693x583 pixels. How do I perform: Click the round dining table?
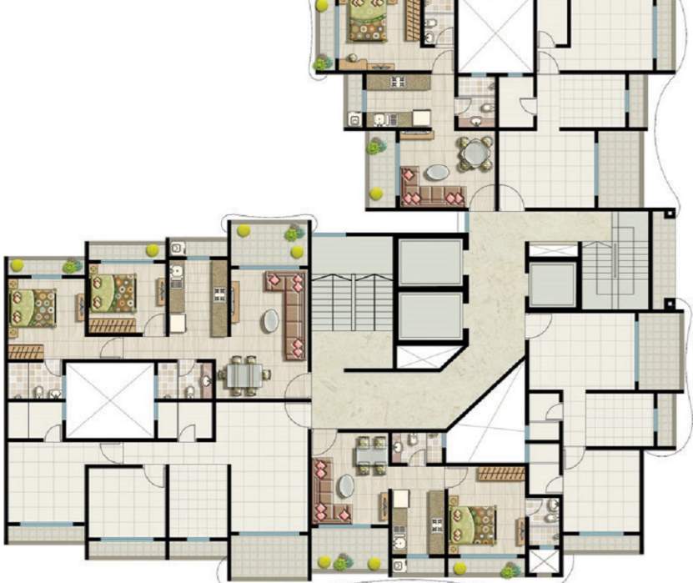point(475,152)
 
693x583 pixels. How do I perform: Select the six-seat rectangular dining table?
point(243,375)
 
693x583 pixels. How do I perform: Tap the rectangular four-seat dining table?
point(368,455)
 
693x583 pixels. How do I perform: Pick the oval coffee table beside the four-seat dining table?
point(344,485)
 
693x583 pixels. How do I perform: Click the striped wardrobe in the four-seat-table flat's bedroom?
point(500,473)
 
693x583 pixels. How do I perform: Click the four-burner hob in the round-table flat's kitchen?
point(399,81)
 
